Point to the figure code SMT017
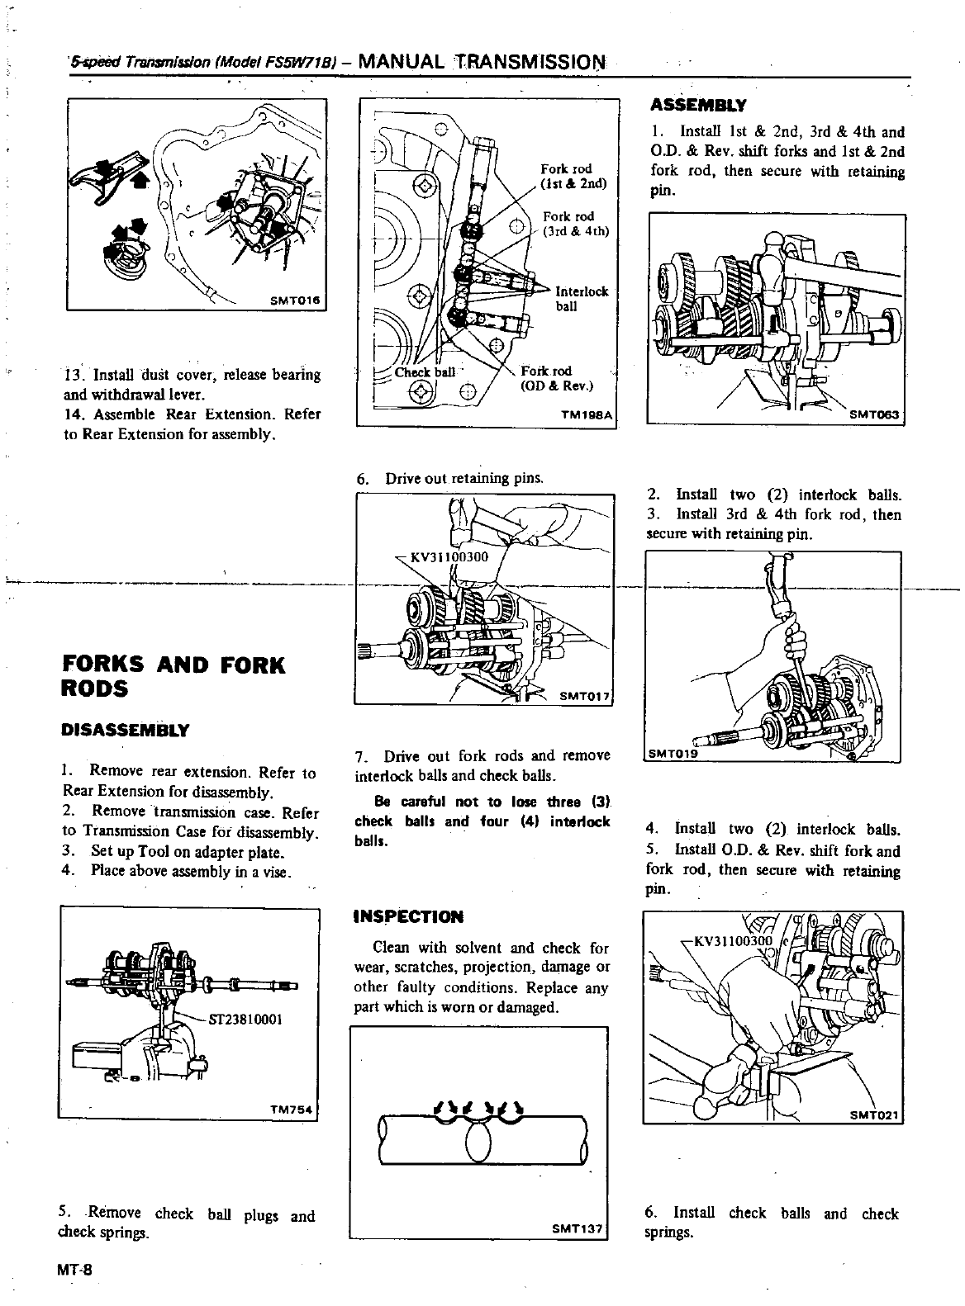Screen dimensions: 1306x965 coord(584,695)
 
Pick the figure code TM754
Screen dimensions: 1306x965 coord(290,1110)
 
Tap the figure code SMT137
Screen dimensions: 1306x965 coord(575,1228)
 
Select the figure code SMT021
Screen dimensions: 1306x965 coord(873,1114)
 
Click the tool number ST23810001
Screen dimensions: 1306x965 coord(247,1019)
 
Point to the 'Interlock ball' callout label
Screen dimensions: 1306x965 coord(581,299)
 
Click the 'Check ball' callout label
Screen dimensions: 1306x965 coord(424,372)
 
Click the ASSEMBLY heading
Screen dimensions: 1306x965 coord(698,106)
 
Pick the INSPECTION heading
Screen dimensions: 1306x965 coord(408,916)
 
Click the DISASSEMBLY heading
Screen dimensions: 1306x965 coord(126,730)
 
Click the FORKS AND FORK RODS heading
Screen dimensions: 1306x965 coord(174,676)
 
